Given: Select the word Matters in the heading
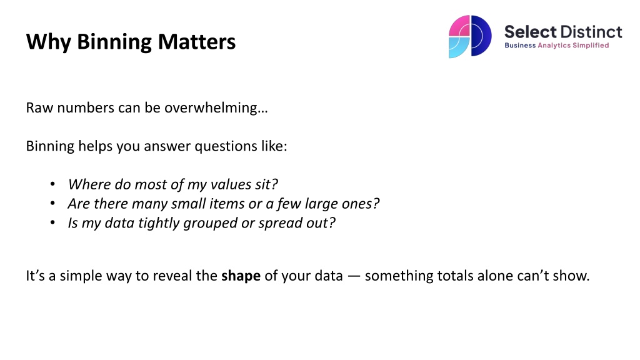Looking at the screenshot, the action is (197, 42).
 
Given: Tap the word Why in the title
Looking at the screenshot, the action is (48, 42).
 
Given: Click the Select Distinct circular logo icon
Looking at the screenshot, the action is (470, 36).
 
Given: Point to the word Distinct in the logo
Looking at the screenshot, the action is (591, 32).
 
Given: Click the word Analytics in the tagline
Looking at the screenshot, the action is (554, 45).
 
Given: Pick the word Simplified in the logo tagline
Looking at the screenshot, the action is (591, 45).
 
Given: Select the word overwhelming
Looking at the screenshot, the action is (216, 108).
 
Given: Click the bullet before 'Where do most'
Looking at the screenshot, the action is (52, 184).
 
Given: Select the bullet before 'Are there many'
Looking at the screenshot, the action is (52, 203).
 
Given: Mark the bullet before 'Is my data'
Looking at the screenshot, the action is (52, 222).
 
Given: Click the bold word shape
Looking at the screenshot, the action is (241, 276).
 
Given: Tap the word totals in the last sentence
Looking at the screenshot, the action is (455, 276).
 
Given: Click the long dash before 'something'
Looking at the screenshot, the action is (354, 276).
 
